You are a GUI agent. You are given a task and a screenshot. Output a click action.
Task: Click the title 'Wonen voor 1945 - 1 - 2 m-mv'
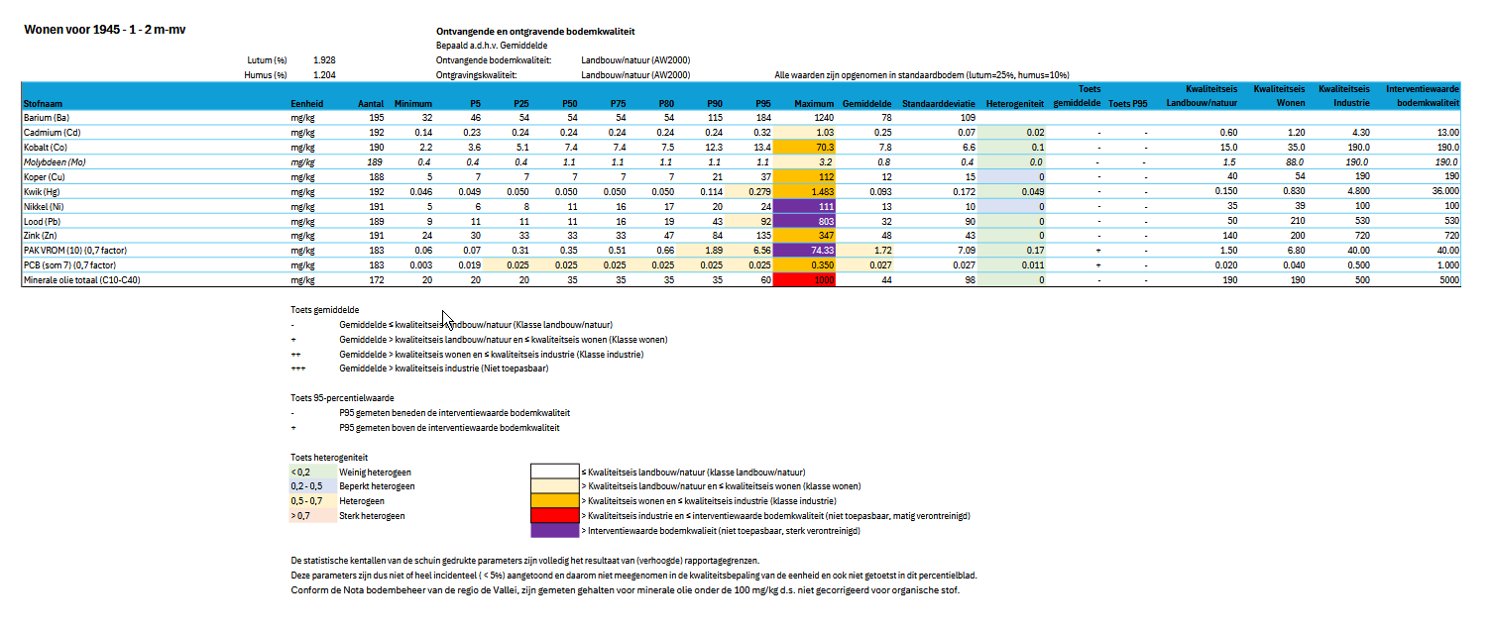point(104,30)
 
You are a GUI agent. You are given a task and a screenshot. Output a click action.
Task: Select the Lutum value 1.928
point(323,60)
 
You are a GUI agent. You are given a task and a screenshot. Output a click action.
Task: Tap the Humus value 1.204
point(323,74)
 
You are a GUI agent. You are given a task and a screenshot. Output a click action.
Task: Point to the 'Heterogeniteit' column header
point(1014,103)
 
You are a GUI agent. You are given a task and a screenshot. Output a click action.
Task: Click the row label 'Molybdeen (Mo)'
point(55,161)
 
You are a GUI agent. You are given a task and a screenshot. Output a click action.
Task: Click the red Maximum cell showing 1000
point(806,280)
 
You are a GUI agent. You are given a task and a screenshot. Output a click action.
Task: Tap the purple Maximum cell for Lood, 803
point(806,221)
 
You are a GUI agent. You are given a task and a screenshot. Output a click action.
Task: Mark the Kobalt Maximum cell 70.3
point(806,147)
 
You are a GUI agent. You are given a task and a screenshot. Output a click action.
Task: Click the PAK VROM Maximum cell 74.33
point(806,251)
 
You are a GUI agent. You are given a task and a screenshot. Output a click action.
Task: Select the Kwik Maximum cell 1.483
point(806,191)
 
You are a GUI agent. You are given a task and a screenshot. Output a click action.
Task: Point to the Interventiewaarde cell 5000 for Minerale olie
point(1447,280)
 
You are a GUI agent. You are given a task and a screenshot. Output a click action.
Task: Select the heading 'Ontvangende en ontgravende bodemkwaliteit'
point(535,32)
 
